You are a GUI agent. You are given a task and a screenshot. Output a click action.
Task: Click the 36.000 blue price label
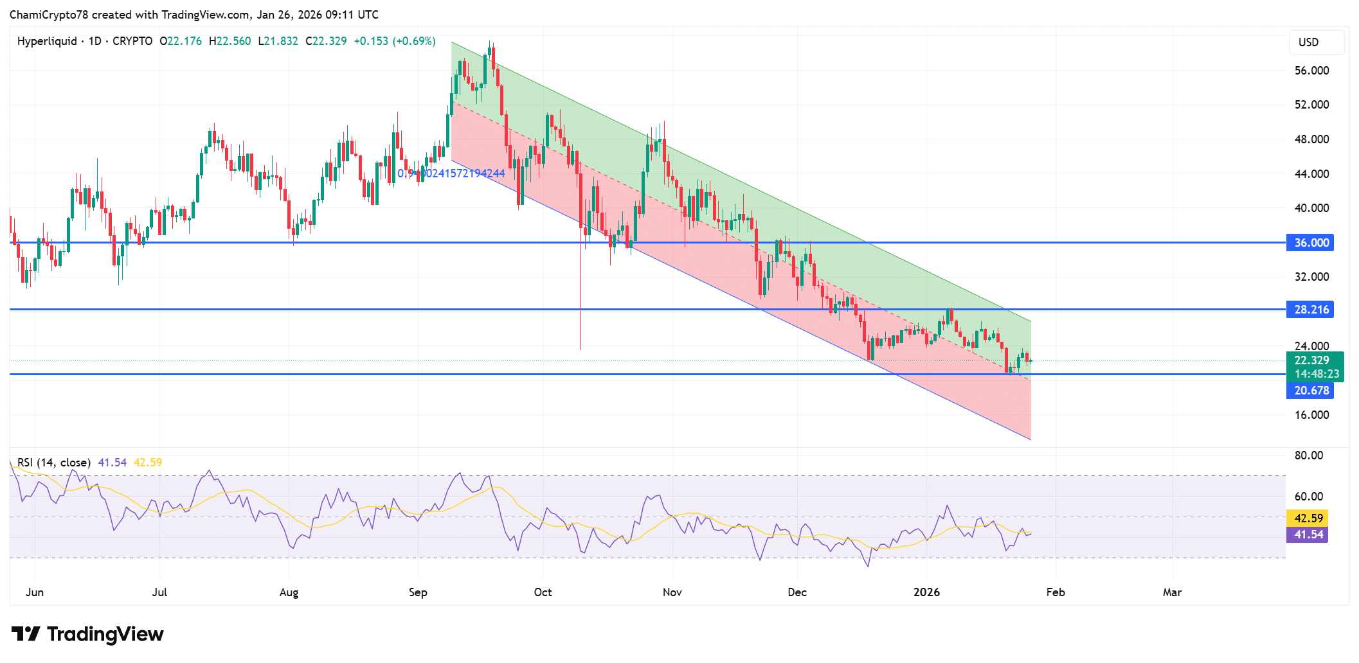[x=1310, y=243]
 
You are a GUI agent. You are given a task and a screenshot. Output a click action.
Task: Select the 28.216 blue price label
[x=1310, y=310]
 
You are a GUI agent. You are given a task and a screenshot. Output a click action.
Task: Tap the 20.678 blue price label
[x=1310, y=391]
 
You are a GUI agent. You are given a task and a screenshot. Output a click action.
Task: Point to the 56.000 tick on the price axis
[x=1311, y=71]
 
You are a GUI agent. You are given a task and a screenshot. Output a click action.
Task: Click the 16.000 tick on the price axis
[x=1311, y=415]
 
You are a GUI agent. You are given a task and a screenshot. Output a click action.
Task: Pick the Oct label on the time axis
[x=543, y=592]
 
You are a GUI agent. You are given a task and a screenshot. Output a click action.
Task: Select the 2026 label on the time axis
[x=926, y=592]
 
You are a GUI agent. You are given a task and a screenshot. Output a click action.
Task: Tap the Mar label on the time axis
[x=1172, y=592]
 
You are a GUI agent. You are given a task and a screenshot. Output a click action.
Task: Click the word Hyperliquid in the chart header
[x=47, y=41]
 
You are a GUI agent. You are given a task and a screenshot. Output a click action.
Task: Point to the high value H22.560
[x=230, y=41]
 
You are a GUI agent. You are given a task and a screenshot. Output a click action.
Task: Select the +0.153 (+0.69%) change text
[x=394, y=41]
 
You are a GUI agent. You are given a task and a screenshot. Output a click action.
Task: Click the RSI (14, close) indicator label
[x=54, y=463]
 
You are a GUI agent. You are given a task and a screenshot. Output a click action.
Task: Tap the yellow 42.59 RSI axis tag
[x=1308, y=518]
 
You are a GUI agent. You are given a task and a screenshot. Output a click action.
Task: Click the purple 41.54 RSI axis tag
[x=1308, y=535]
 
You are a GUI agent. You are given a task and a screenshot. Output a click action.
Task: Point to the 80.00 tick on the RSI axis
[x=1308, y=455]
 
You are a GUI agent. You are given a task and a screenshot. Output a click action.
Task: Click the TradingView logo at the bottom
[x=87, y=634]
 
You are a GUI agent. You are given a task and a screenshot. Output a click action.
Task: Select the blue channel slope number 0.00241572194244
[x=451, y=173]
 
